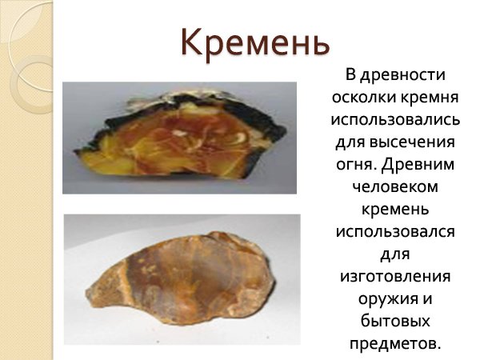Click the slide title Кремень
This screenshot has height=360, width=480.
point(254,42)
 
